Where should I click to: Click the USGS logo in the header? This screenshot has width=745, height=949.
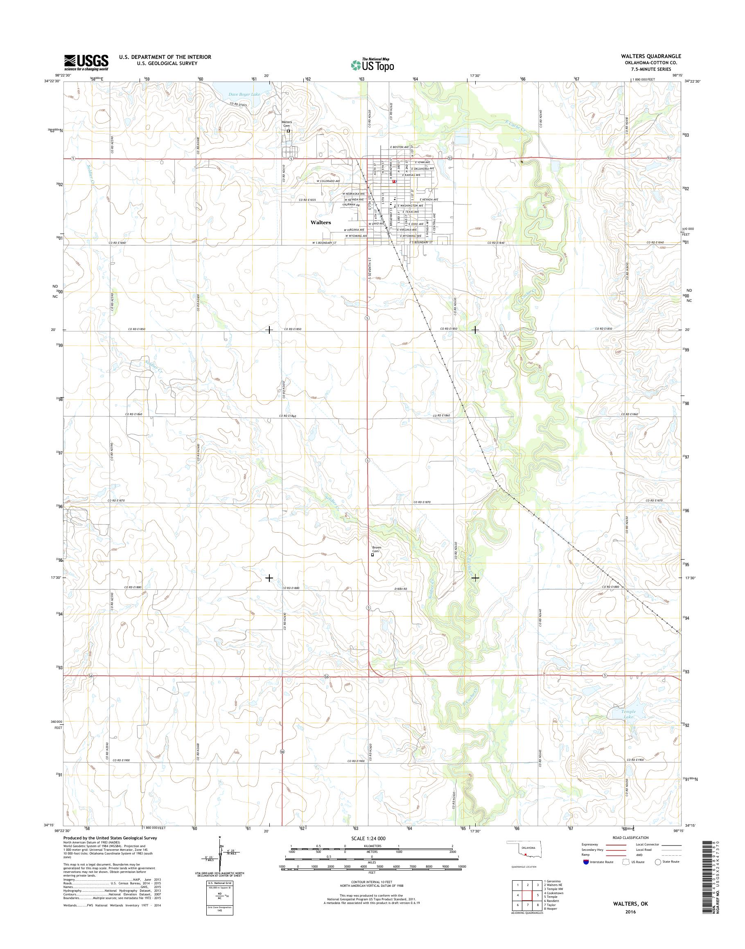click(86, 62)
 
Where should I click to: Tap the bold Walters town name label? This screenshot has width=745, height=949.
click(321, 223)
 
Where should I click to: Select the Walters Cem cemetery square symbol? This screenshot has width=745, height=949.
click(288, 131)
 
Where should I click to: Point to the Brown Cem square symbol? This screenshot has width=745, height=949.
click(372, 555)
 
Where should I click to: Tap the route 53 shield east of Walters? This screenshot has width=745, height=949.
click(450, 159)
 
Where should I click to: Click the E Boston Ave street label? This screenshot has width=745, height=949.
click(400, 147)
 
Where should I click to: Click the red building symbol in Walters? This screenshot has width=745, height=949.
click(394, 181)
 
